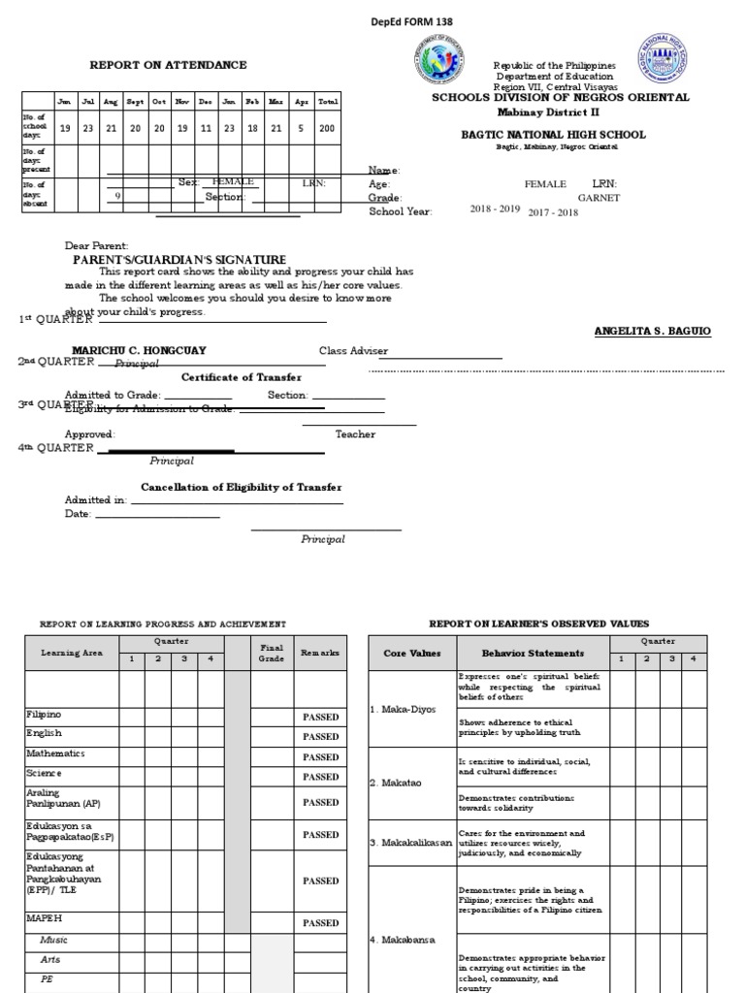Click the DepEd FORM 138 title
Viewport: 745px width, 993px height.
click(x=412, y=21)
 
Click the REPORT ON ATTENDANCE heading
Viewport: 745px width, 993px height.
click(x=168, y=65)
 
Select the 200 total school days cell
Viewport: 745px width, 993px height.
click(x=328, y=128)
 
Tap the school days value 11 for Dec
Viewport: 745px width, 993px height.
click(x=206, y=128)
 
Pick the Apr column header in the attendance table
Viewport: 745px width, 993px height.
click(x=301, y=102)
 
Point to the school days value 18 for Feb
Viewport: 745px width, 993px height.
click(x=252, y=128)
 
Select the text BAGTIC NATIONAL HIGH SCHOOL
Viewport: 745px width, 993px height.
click(x=553, y=135)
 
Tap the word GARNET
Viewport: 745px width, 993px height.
click(x=599, y=198)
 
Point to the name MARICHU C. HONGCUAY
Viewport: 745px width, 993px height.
click(x=139, y=350)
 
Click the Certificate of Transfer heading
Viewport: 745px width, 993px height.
click(x=242, y=377)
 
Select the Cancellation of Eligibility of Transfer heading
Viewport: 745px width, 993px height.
click(x=242, y=487)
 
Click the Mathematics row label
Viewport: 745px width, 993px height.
click(x=55, y=753)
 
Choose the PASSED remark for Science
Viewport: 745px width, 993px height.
click(x=320, y=778)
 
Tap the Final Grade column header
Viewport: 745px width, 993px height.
click(x=271, y=654)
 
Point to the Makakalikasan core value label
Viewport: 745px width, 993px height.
click(x=410, y=843)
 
